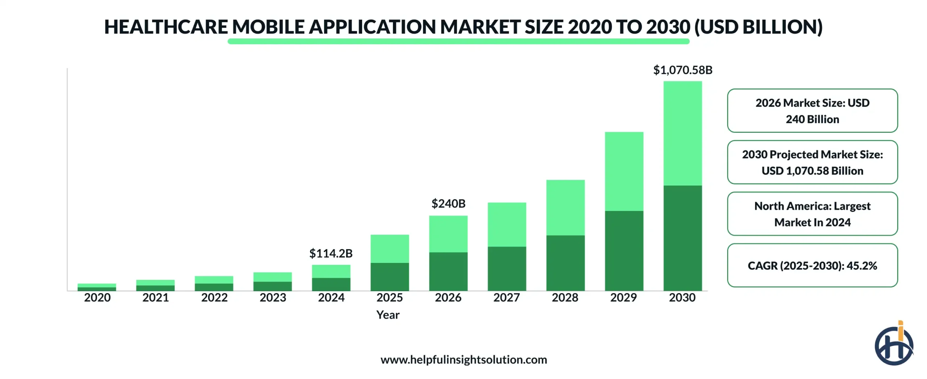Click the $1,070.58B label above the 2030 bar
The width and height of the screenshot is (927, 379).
682,70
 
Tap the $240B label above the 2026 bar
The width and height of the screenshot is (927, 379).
448,203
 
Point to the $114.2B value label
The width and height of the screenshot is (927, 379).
331,253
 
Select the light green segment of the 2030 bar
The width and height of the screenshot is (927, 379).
682,133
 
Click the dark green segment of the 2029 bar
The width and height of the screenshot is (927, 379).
624,250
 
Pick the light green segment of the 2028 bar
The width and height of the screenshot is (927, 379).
565,207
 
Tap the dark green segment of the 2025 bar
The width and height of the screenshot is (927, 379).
389,276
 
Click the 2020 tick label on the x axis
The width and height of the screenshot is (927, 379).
97,297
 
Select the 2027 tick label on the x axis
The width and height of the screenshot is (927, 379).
506,297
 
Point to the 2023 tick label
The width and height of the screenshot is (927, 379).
272,297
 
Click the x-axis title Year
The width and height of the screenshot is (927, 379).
387,314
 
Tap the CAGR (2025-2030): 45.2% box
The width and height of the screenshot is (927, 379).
812,265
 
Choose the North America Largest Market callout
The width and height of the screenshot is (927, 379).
812,214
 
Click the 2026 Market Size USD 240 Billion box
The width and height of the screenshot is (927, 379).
812,111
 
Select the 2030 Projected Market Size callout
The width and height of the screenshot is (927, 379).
812,162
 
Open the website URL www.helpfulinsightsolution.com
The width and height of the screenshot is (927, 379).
463,359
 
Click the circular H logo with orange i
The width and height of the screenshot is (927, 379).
893,345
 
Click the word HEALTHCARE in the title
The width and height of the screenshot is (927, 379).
166,27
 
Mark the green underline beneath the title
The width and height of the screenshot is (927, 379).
458,41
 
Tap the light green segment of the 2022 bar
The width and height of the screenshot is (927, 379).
214,280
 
